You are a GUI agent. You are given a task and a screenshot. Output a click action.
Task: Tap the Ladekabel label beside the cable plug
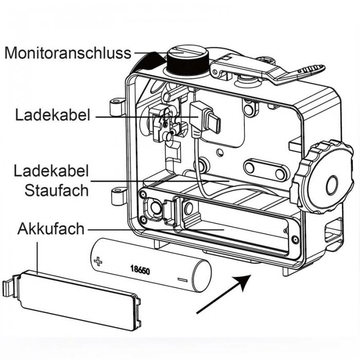(x=51, y=114)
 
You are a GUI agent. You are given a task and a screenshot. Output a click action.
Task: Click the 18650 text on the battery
(x=140, y=269)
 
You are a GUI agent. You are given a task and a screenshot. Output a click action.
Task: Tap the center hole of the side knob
(x=331, y=183)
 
